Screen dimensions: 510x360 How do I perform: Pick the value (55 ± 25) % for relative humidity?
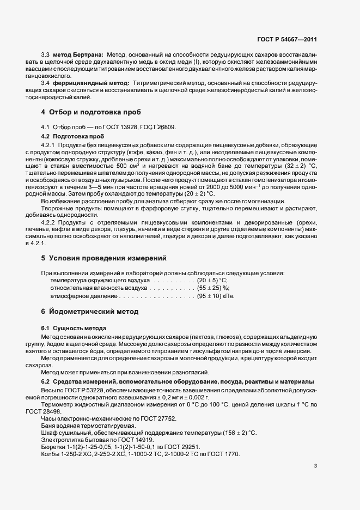click(x=213, y=287)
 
